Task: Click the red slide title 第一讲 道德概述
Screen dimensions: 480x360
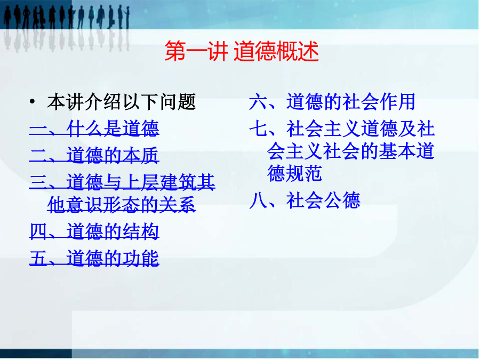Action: click(x=242, y=51)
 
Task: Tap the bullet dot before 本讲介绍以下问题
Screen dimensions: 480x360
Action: click(x=32, y=101)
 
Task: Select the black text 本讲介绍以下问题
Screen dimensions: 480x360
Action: click(x=122, y=102)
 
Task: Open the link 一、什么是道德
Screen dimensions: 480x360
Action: click(x=94, y=128)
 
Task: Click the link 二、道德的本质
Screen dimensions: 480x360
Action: click(x=94, y=155)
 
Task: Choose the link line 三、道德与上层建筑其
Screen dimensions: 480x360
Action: click(x=122, y=182)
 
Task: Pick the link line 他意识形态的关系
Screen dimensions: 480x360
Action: click(x=122, y=204)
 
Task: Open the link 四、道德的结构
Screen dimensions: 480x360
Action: click(x=94, y=231)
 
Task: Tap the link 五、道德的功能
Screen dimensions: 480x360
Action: click(x=94, y=258)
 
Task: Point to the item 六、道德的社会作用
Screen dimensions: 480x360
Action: click(x=332, y=102)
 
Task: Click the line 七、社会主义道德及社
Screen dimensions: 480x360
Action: click(x=342, y=129)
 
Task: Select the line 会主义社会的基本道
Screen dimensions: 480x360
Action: click(x=351, y=151)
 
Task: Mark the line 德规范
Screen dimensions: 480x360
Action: click(x=294, y=173)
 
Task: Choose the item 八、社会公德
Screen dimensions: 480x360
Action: click(x=305, y=201)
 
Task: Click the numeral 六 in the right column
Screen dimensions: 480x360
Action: click(x=258, y=102)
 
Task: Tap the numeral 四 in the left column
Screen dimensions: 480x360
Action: click(x=38, y=231)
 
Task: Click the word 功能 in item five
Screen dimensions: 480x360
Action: click(x=140, y=258)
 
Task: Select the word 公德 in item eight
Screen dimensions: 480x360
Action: click(x=342, y=201)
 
